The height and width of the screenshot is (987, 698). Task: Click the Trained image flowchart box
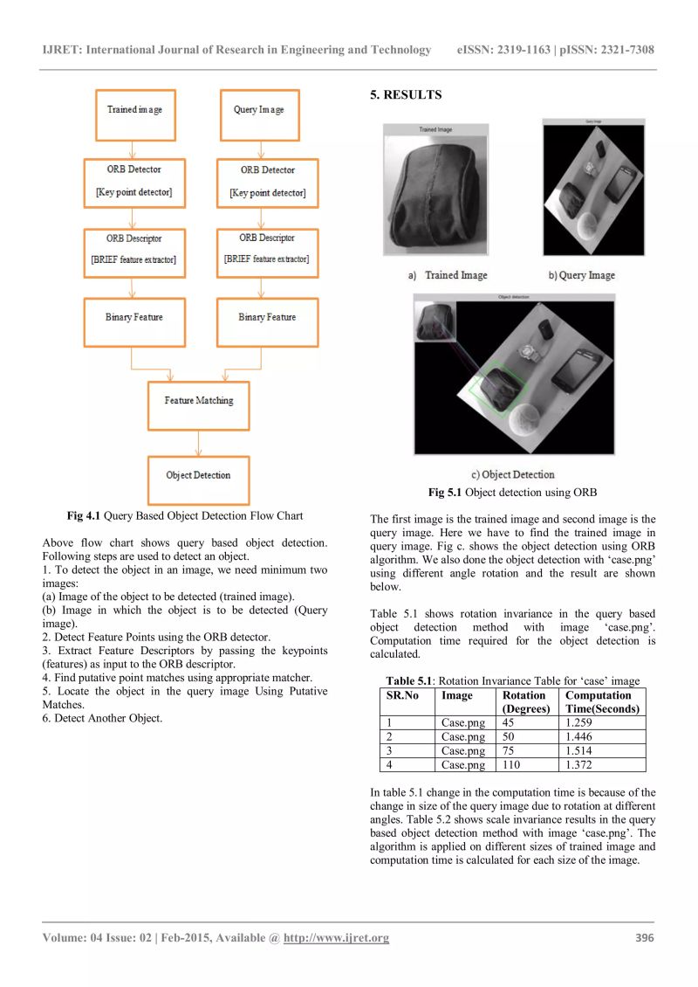134,110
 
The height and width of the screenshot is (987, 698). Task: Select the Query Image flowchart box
258,110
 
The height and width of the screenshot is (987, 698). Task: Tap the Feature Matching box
198,401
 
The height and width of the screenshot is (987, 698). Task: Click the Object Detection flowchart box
198,476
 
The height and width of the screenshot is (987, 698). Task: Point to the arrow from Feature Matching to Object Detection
198,443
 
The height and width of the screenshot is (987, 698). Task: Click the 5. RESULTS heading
406,95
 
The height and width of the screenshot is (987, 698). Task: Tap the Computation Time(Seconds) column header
602,702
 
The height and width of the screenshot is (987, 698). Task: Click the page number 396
644,938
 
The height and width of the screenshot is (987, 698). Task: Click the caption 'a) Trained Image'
447,275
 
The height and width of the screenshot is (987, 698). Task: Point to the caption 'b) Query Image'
581,275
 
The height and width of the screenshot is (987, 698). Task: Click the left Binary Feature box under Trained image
134,318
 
